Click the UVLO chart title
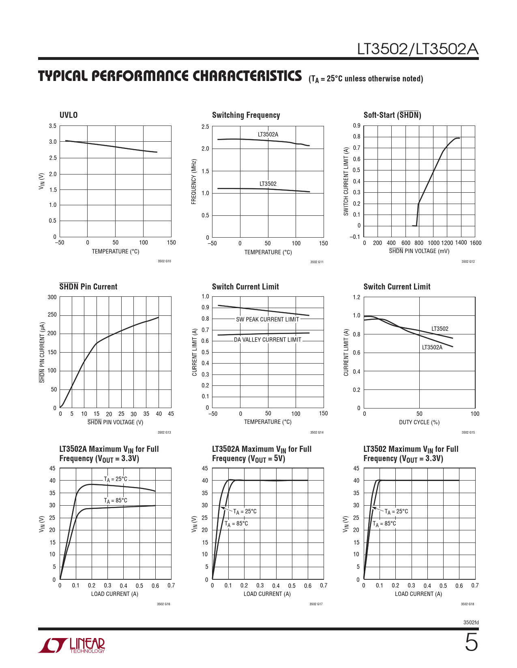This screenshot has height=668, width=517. [x=69, y=115]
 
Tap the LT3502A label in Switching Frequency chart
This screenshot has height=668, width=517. [x=268, y=134]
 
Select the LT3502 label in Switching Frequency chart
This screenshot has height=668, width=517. [x=268, y=184]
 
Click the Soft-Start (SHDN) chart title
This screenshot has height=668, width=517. [x=392, y=115]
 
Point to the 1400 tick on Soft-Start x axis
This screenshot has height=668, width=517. [x=461, y=243]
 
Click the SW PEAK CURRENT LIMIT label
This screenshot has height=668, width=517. [x=268, y=319]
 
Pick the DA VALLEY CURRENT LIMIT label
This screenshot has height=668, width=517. [x=268, y=340]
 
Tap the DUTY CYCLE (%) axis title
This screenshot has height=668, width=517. [x=419, y=422]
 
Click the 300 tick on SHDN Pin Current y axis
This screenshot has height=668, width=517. [x=52, y=297]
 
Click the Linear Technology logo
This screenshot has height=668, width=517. [x=72, y=645]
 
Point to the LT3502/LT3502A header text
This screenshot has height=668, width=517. [x=418, y=49]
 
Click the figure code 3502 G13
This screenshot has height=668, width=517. [x=164, y=432]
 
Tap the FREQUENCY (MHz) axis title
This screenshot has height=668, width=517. [x=194, y=181]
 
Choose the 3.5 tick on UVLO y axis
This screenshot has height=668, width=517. [x=53, y=126]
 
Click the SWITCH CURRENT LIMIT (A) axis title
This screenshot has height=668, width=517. [x=346, y=181]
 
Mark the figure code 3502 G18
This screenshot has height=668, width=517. [x=467, y=604]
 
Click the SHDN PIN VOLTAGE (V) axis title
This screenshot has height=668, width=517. [x=116, y=422]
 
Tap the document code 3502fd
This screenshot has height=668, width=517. [x=471, y=622]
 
